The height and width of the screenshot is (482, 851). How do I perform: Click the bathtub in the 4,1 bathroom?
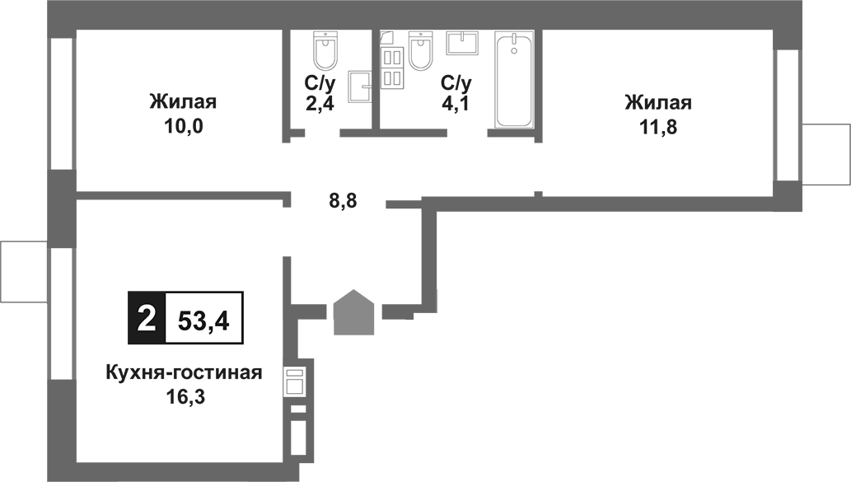pos(513,80)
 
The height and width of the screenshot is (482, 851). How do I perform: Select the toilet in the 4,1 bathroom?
pos(420,51)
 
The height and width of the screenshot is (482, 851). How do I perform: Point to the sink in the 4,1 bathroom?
pos(462,42)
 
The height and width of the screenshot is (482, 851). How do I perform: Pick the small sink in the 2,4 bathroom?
pos(360,84)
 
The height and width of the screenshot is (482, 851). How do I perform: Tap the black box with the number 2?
pos(146,317)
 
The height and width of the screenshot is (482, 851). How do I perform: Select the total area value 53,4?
pos(203,317)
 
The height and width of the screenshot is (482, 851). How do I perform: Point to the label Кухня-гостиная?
pos(184,373)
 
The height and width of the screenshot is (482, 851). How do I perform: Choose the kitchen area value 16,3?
pos(184,398)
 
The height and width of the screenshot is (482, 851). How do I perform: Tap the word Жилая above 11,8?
pos(657,103)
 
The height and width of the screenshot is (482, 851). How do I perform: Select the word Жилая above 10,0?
pos(183,103)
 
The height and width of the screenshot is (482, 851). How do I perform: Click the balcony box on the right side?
pos(825,154)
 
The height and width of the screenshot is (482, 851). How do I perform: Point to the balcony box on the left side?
pos(24,271)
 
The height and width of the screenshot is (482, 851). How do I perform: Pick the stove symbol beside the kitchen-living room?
pos(295,382)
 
